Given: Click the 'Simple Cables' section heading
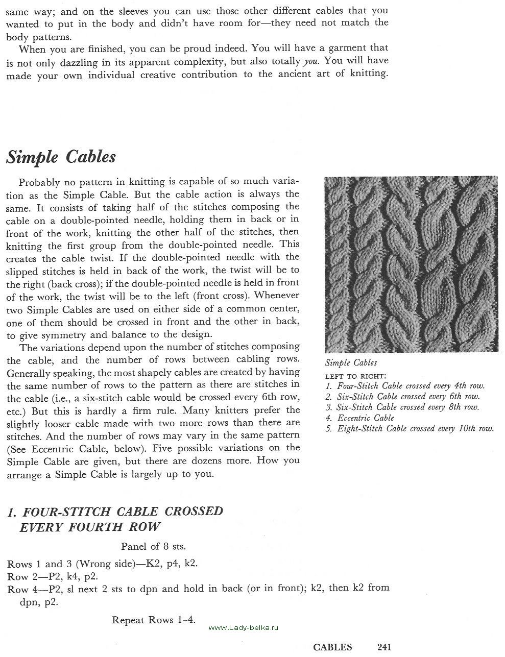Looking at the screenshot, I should (61, 157).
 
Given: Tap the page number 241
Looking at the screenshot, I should (384, 647).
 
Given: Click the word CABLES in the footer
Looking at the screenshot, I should (332, 647).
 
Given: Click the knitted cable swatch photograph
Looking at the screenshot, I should (411, 264).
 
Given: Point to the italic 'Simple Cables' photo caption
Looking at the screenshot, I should (351, 362).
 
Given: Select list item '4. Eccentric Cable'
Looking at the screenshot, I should (360, 418).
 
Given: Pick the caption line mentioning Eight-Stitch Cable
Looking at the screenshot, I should (410, 428).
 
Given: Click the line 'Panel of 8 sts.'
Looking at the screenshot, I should (153, 546).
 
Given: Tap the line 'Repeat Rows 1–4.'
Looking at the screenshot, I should (154, 620).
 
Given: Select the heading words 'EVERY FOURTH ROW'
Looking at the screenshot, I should (90, 527).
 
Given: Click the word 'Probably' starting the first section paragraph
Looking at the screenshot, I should (40, 182).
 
